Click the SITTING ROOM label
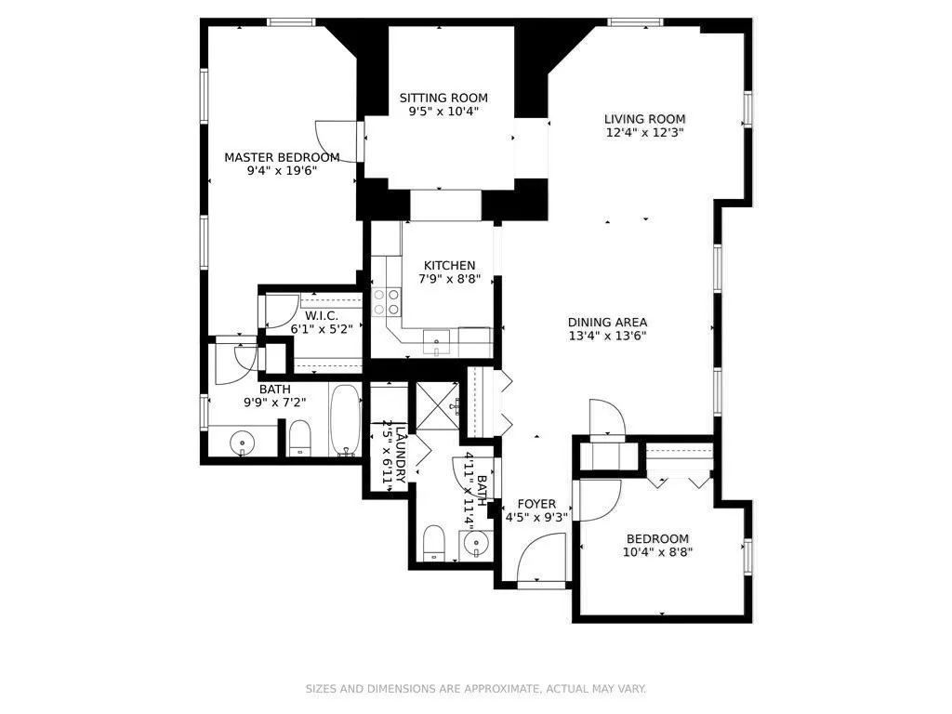coord(443,98)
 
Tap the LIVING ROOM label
coord(644,119)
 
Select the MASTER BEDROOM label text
coord(282,157)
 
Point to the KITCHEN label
coord(450,265)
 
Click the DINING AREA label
coord(607,323)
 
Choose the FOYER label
coord(536,504)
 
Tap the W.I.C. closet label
coord(322,315)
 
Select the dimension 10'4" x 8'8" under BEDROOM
coord(657,552)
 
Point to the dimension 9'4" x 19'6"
coord(282,170)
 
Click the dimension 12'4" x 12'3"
coord(644,132)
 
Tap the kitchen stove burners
coord(387,300)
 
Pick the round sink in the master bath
coord(243,442)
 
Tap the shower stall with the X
coord(438,406)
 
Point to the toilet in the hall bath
coord(434,543)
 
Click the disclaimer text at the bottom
coord(476,689)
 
